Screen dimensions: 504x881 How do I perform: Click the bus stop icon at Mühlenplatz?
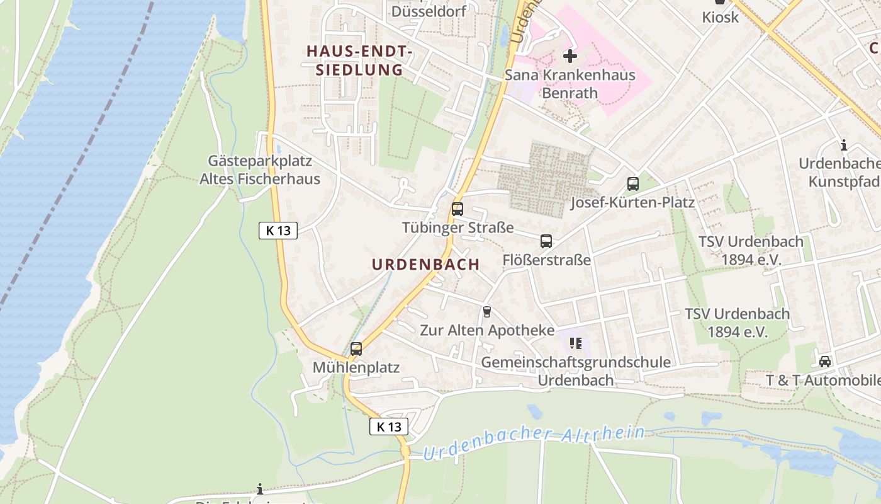tap(356, 348)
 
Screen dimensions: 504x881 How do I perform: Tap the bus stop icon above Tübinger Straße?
tap(457, 209)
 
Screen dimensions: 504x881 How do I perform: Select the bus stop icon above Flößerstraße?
tap(546, 241)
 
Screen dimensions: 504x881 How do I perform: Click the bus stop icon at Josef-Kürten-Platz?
tap(633, 184)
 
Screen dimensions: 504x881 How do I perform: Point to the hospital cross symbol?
tap(570, 56)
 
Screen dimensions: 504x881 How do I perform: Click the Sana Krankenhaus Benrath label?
tap(570, 84)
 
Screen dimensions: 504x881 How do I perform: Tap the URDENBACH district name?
tap(426, 265)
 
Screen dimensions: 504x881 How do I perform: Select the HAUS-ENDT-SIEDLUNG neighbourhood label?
tap(359, 60)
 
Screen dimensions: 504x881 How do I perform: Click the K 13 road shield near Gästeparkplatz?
tap(278, 231)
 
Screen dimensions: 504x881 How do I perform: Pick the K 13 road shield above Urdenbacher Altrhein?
tap(389, 427)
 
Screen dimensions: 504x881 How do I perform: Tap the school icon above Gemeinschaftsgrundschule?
tap(575, 343)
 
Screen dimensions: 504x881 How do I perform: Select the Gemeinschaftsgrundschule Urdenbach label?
tap(575, 371)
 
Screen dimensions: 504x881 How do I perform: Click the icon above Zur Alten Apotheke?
tap(486, 311)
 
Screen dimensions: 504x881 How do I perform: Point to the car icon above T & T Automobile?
tap(824, 362)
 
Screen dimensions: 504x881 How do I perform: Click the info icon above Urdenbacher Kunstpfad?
tap(844, 146)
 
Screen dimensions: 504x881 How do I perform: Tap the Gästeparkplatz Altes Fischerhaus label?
tap(260, 170)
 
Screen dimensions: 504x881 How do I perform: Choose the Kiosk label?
tap(721, 17)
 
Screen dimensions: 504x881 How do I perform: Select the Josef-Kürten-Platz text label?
tap(632, 202)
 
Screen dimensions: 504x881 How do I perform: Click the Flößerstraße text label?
tap(547, 260)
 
